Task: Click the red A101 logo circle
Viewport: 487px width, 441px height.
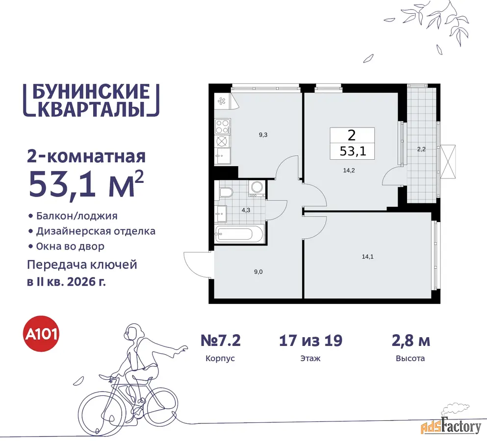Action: coord(41,334)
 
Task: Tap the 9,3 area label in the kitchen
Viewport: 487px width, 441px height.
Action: coord(263,135)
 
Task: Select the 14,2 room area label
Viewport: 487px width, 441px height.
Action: coord(349,171)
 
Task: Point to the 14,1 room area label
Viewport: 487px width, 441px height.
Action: coord(368,257)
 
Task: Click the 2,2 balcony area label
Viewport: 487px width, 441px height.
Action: coord(421,149)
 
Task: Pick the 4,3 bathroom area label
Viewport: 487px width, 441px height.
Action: coord(246,210)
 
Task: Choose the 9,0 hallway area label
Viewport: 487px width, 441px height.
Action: coord(258,272)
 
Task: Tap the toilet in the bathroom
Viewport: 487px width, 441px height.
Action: coord(227,193)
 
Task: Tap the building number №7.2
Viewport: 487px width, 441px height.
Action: coord(221,341)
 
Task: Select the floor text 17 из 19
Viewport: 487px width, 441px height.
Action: coord(310,341)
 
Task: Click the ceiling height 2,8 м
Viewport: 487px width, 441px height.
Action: coord(410,341)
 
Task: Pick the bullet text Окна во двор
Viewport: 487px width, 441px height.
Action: coord(70,246)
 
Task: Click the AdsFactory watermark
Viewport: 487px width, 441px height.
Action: coord(451,427)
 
